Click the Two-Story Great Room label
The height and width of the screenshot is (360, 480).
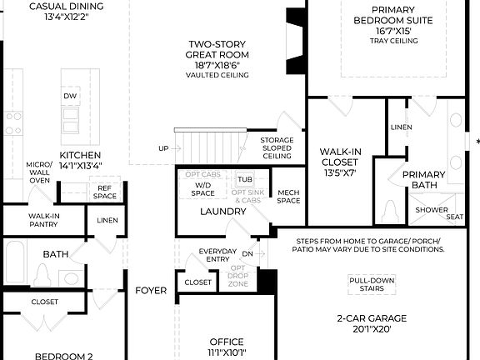point(217,55)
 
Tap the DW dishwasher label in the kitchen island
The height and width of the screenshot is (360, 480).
point(71,97)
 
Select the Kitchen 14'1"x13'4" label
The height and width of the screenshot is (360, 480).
point(81,160)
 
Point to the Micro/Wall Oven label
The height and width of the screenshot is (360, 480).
point(39,172)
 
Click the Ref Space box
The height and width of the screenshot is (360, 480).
point(105,192)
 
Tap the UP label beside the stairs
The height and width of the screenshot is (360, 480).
point(163,148)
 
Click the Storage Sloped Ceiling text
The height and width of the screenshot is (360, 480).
point(277,148)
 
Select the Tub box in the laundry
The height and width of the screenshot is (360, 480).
point(244,179)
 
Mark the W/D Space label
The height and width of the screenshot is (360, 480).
point(202,188)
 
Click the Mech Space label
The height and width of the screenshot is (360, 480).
point(288,196)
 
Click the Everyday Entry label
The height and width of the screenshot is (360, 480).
point(217,256)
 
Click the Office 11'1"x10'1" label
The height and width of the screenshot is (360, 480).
point(226,347)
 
